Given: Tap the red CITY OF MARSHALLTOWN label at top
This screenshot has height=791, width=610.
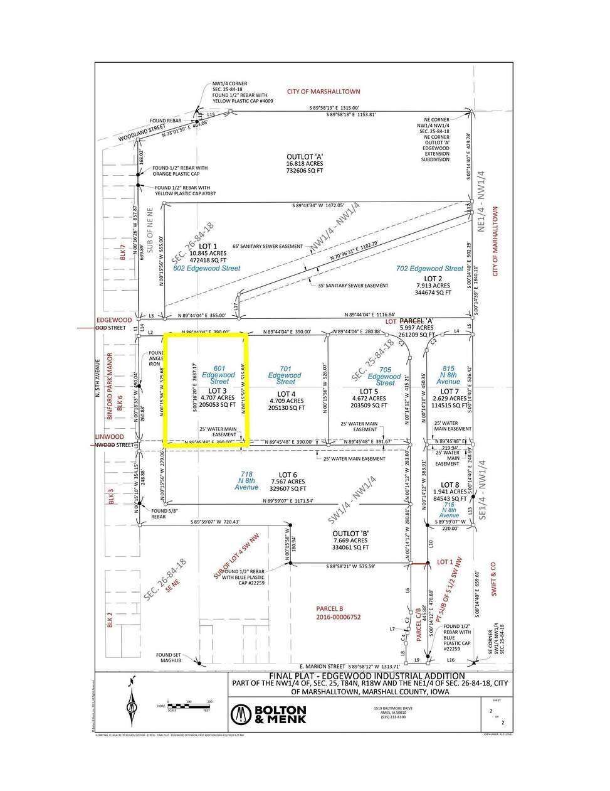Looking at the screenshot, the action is point(323,92).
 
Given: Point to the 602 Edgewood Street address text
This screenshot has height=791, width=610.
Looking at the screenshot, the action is point(207,268).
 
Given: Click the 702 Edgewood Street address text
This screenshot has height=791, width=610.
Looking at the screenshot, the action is point(429,269).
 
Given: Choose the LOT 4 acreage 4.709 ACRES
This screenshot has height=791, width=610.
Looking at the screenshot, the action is point(286,401).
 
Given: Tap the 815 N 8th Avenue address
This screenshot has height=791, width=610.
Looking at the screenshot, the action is point(448,375).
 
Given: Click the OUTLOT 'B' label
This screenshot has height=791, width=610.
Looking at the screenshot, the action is point(350,534).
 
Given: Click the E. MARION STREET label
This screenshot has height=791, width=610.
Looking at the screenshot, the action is point(323,667).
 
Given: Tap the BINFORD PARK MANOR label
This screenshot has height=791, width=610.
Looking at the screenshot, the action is point(110,386).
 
